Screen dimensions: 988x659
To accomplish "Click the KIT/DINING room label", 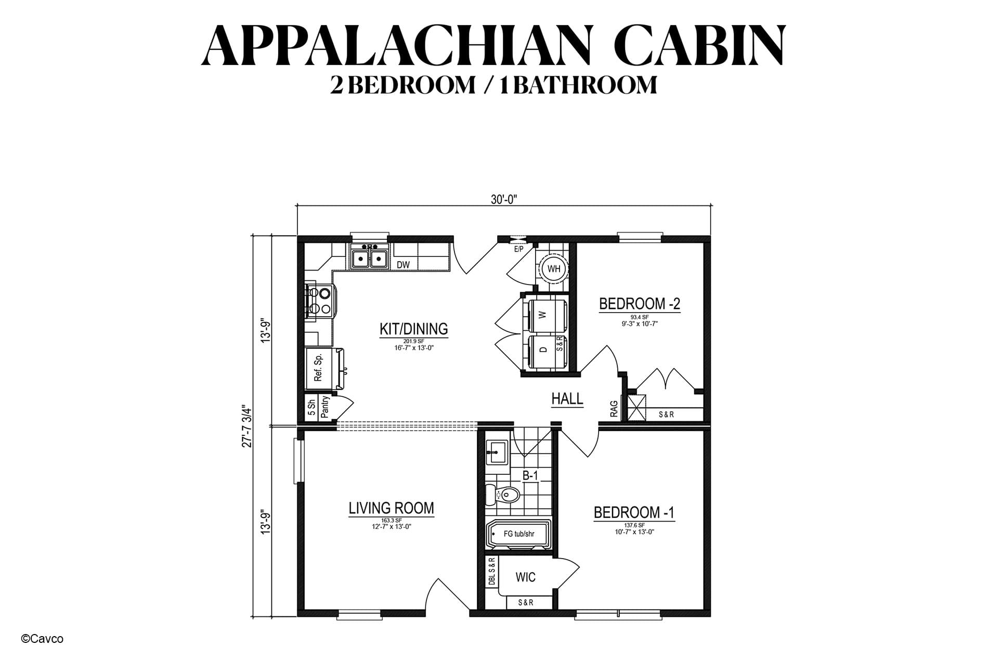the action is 413,329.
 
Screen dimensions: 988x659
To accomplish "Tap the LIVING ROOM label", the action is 391,508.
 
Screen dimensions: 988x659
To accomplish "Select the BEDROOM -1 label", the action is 634,512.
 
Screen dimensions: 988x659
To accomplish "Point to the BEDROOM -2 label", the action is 640,303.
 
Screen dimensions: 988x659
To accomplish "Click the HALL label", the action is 567,399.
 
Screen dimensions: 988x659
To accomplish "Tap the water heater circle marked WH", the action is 554,269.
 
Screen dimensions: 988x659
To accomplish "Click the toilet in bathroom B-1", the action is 502,495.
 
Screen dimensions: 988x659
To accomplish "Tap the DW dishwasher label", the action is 404,265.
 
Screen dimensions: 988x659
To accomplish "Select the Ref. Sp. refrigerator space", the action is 318,367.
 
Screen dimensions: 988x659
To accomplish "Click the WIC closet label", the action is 525,577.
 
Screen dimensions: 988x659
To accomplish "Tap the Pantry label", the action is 325,407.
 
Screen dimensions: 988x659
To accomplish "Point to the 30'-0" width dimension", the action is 504,199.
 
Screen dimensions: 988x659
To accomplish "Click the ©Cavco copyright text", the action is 42,639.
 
